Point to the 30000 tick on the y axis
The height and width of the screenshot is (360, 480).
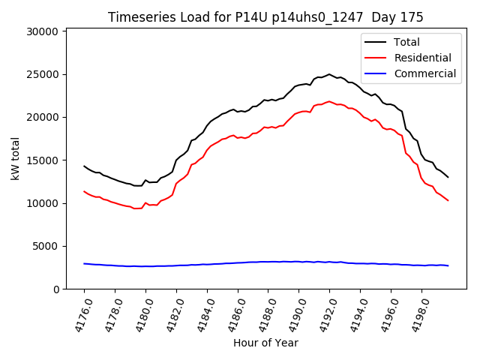tap(43, 31)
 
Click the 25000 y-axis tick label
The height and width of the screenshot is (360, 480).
tap(43, 74)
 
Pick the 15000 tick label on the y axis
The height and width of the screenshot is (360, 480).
tap(43, 160)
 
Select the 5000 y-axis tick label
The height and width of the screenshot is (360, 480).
tap(46, 246)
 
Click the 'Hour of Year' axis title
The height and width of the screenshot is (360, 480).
tap(265, 343)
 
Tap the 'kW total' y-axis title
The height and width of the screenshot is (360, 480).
tap(16, 158)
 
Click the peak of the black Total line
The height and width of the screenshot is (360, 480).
tap(329, 74)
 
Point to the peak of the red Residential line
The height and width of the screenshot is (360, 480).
tap(329, 101)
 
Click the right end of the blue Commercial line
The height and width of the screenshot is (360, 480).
tap(448, 265)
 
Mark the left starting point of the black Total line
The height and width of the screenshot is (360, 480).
tap(84, 166)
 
